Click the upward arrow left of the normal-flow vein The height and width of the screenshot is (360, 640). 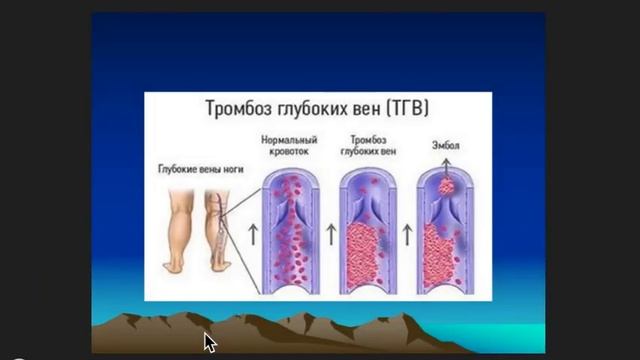coord(250,237)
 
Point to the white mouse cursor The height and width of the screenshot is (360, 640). coord(209,341)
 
